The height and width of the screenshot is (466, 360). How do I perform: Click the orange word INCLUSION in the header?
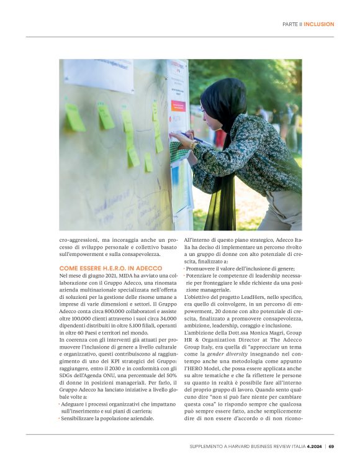click(x=319, y=24)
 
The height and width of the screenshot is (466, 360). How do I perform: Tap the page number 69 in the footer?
click(x=331, y=445)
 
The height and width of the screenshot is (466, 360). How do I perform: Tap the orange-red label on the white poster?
click(x=178, y=106)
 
